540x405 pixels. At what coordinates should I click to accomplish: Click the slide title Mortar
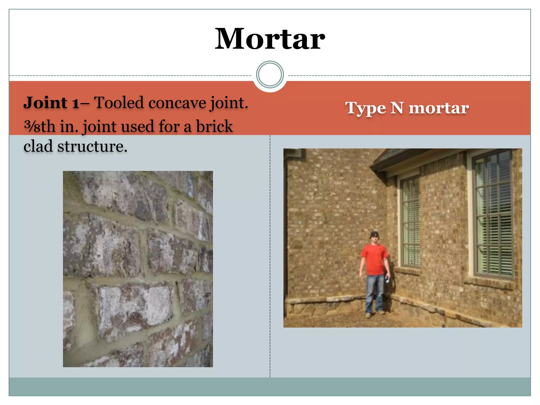270,39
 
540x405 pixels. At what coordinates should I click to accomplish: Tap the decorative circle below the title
270,75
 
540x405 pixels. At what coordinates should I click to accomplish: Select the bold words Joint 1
51,103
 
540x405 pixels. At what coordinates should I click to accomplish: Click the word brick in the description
214,126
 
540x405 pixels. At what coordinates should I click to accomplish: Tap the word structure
92,146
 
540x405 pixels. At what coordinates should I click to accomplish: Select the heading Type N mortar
407,108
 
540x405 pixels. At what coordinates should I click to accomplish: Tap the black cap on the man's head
374,234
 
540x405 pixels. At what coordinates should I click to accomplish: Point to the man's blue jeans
374,293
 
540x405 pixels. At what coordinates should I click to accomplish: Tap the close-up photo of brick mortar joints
138,269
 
